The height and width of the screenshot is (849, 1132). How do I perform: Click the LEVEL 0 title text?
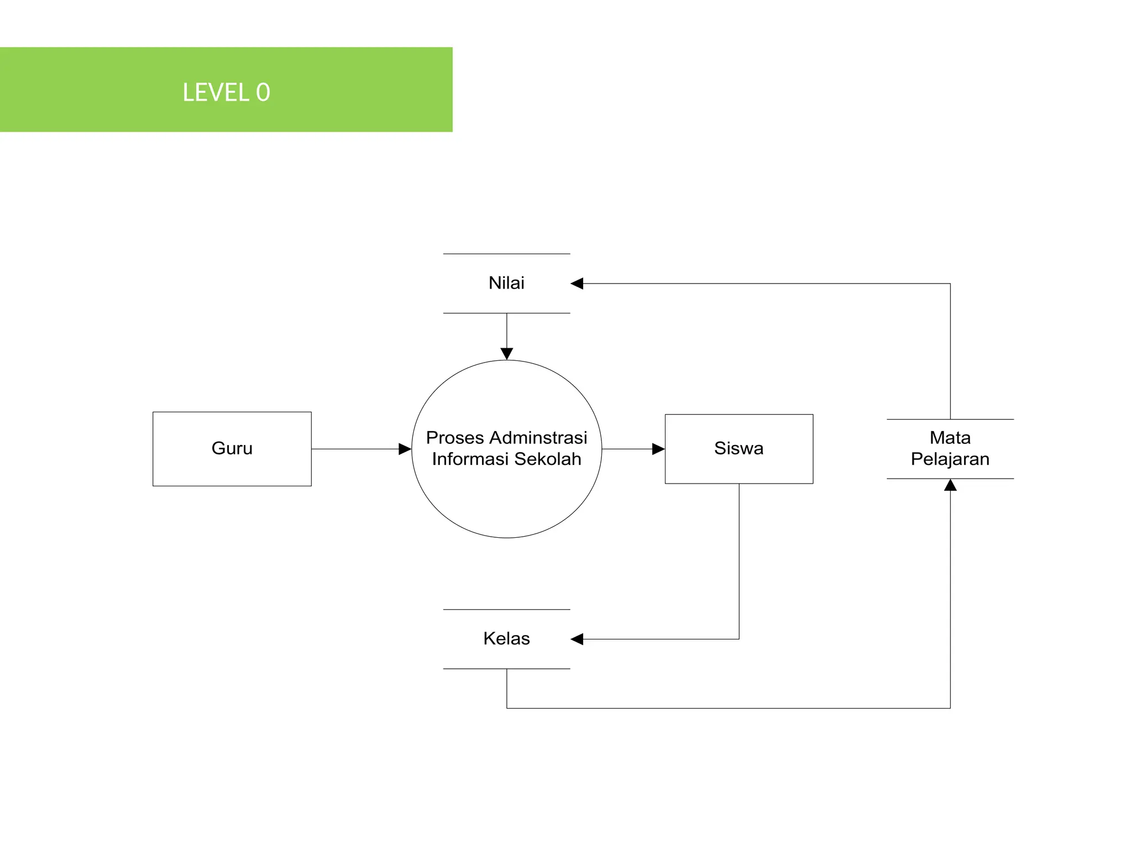click(x=226, y=92)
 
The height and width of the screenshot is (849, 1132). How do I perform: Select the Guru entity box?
click(x=232, y=448)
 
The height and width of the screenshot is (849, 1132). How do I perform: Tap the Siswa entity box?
click(x=738, y=448)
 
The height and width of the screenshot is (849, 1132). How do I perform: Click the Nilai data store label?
click(x=506, y=283)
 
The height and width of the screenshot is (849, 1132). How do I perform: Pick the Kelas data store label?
click(x=506, y=638)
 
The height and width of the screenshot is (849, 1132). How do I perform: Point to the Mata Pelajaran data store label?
click(x=950, y=448)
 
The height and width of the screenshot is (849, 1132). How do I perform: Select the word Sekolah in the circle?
click(x=548, y=459)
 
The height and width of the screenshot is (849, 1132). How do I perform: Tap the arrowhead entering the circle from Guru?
click(x=405, y=449)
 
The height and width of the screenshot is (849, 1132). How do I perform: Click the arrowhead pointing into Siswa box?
click(x=658, y=449)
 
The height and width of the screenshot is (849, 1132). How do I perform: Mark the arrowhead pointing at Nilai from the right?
click(x=577, y=284)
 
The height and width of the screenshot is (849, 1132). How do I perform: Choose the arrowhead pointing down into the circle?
click(x=506, y=354)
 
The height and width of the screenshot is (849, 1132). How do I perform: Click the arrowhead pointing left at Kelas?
click(x=577, y=639)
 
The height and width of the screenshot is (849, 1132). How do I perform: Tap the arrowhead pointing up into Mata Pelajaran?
click(x=950, y=485)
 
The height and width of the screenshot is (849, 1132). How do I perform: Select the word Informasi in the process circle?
click(x=470, y=459)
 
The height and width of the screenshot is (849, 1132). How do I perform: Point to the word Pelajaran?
click(x=950, y=459)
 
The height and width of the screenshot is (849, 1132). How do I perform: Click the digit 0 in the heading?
click(x=263, y=92)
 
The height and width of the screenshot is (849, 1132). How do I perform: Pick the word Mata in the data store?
click(x=950, y=438)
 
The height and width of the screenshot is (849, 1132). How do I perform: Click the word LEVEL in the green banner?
click(x=216, y=92)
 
